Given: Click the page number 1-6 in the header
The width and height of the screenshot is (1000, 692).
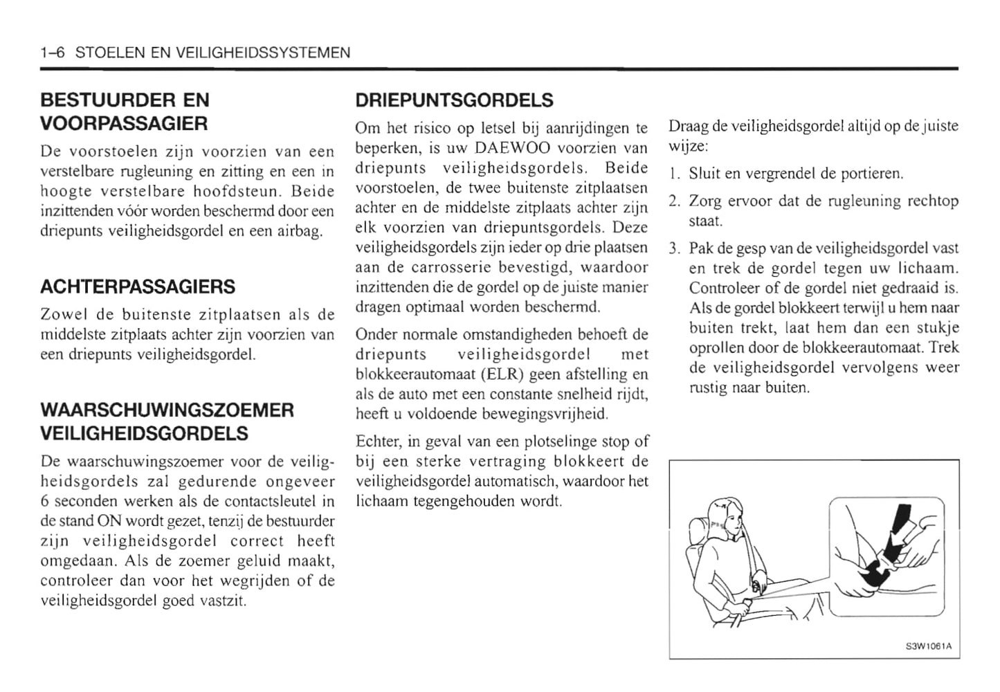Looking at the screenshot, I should pos(53,53).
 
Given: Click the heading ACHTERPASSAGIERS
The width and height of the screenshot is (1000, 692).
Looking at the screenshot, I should pos(138,286).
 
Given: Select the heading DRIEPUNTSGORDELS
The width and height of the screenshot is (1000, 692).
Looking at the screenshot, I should pos(454,100).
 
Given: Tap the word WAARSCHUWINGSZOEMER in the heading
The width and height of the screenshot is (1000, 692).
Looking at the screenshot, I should pos(167,410).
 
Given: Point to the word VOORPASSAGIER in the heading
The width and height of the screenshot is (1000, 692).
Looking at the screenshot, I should pos(124,124).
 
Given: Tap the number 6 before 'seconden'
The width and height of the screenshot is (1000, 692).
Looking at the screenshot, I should pos(46,501).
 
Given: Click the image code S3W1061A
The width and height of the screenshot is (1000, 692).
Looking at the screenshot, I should pos(928,646).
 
